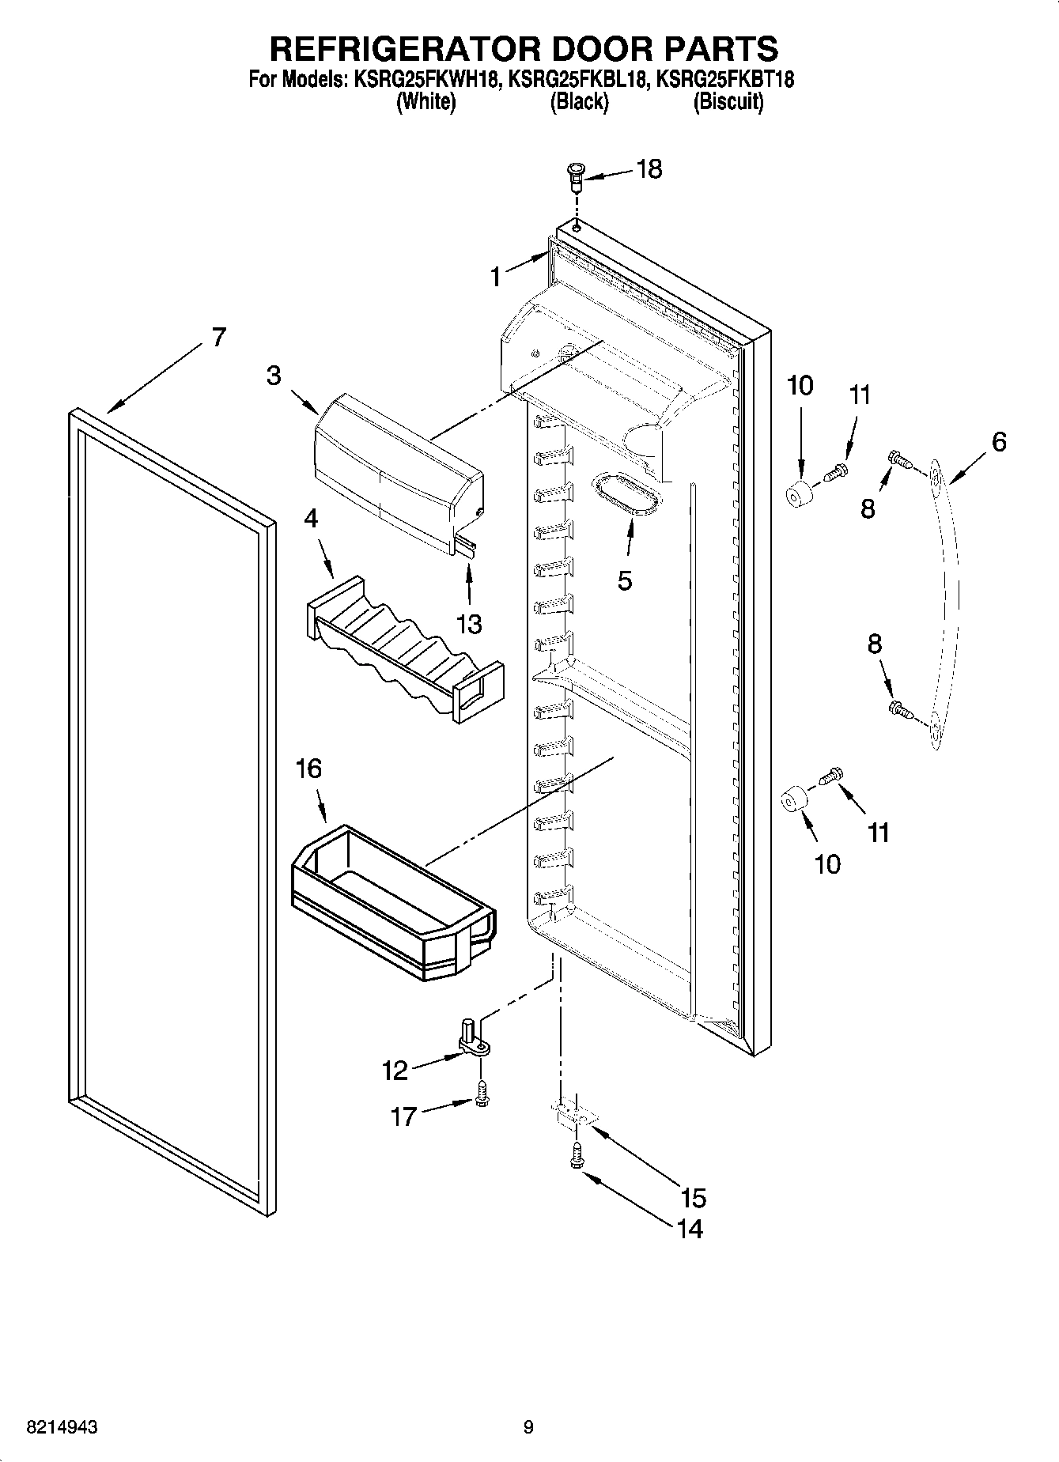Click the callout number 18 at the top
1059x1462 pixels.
[649, 168]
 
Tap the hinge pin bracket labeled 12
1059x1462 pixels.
[473, 1038]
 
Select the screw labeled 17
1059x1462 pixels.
[482, 1095]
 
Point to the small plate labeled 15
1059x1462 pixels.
[574, 1113]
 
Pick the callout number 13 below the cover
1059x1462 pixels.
[469, 624]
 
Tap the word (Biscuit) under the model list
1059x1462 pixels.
[728, 103]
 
